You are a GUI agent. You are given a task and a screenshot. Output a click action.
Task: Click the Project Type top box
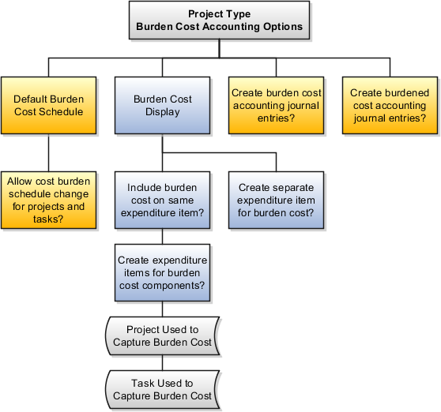click(220, 21)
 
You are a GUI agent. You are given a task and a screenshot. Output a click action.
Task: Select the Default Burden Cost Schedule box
click(48, 106)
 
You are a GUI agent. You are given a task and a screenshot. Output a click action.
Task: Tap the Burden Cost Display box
click(162, 106)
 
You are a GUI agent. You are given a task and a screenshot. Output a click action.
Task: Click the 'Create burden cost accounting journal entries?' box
click(276, 106)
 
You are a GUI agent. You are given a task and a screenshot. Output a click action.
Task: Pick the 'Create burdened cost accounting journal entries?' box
click(390, 106)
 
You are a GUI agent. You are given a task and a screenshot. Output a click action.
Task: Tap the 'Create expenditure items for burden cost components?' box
click(162, 273)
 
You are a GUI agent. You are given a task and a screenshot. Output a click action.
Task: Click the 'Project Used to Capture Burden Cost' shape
click(162, 335)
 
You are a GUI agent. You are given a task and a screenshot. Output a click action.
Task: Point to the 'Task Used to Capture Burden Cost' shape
click(162, 389)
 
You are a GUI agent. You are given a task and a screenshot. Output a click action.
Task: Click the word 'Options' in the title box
click(282, 26)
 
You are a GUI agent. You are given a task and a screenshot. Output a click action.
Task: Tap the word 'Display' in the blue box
click(162, 112)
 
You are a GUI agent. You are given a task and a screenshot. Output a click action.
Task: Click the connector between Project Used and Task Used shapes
click(162, 362)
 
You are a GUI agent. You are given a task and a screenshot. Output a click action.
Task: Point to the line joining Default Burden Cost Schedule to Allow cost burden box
click(48, 152)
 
